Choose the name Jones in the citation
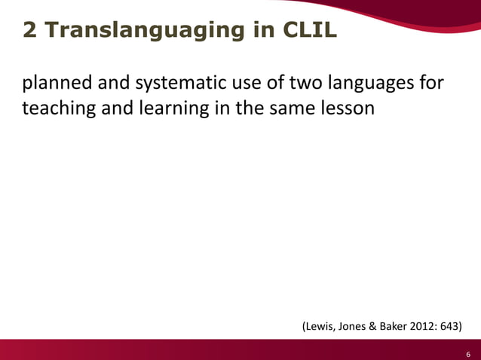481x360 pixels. [355, 327]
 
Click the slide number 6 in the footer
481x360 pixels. [468, 352]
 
